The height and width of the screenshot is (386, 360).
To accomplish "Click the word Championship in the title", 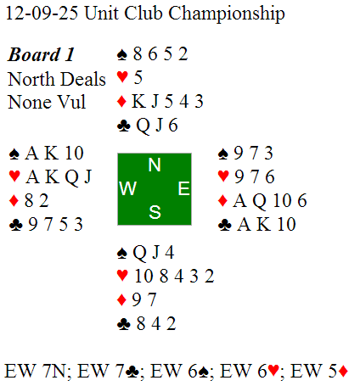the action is point(227,14).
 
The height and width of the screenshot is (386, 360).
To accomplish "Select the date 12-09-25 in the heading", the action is point(42,13).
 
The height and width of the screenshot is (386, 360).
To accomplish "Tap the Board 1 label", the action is point(42,54).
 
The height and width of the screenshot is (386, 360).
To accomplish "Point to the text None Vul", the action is point(47,102).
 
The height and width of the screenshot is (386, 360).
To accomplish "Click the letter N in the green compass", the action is point(155,165).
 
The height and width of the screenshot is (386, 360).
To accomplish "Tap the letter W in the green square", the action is point(127,188).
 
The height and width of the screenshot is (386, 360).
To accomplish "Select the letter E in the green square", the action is point(184,188).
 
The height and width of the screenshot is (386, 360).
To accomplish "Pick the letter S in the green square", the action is point(155,212).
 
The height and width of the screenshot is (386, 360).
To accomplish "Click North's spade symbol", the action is point(122,54).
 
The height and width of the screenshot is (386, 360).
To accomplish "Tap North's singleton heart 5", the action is point(138,78).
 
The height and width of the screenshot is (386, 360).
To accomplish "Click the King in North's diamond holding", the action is point(138,102).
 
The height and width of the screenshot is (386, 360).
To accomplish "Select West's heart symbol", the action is point(14,176).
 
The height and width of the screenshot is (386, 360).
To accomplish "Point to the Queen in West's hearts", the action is point(72,177).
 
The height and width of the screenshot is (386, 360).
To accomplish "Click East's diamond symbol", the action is point(222,200).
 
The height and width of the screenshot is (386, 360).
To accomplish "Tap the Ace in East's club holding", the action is point(244,224).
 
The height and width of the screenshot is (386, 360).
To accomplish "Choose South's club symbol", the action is point(124,324).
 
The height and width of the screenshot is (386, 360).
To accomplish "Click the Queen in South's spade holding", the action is point(139,253).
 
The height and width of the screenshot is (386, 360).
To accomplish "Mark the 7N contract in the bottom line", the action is point(56,371).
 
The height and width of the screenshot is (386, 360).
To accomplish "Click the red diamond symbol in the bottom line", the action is point(343,372).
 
